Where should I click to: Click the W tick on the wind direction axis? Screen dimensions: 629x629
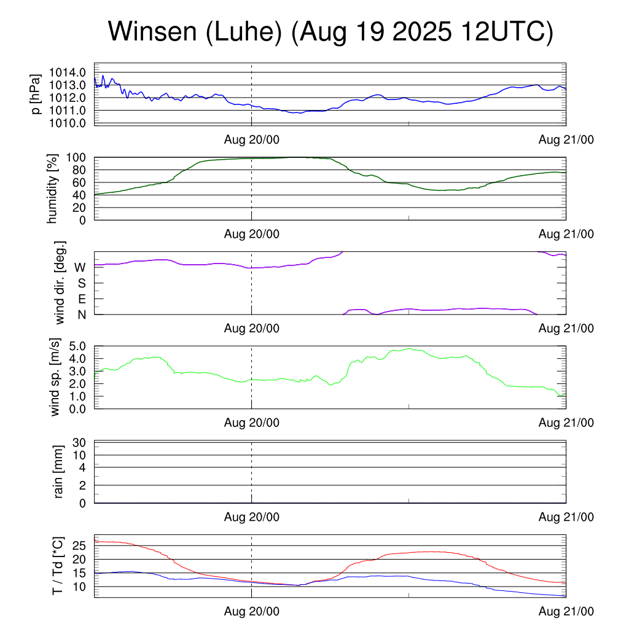pos(80,267)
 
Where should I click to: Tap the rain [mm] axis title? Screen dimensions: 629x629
pos(59,472)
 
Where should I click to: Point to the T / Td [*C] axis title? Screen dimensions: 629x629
pos(58,565)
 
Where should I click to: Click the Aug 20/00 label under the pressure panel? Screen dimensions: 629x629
pos(251,140)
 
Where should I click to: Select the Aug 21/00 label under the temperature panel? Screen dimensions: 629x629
pos(566,612)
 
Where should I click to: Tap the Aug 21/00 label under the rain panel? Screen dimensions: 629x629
pos(566,517)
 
